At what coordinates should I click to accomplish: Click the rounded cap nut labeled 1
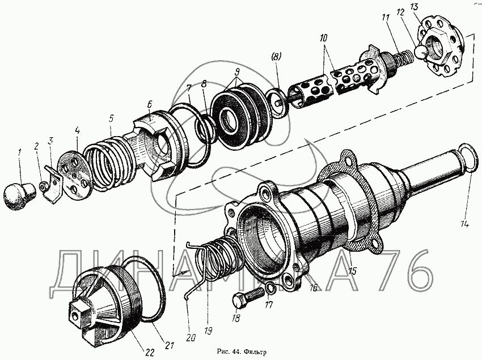click(19, 196)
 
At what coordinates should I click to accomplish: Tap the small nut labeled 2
click(43, 186)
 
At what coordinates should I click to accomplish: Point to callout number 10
click(323, 38)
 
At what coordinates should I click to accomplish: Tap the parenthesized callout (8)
click(276, 56)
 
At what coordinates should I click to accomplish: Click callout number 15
click(352, 271)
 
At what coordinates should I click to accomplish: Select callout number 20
click(191, 338)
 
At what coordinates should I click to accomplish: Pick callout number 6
click(149, 104)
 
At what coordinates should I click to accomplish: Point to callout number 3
click(50, 141)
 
